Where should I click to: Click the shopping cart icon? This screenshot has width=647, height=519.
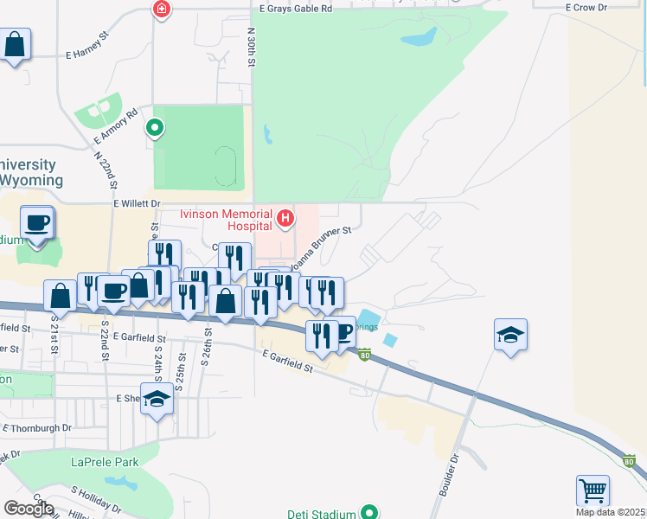[x=593, y=490]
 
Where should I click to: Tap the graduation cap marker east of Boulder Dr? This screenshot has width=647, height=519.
[x=511, y=335]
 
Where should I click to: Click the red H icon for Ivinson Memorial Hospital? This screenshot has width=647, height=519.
[x=286, y=219]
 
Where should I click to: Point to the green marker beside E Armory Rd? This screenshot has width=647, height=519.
[x=155, y=129]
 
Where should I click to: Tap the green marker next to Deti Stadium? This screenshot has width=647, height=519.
[x=369, y=513]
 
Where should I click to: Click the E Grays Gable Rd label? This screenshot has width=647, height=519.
[x=296, y=9]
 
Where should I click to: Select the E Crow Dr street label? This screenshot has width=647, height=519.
[x=586, y=7]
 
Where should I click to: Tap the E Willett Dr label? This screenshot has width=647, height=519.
[x=137, y=203]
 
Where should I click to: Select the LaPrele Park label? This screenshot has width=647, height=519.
[x=105, y=463]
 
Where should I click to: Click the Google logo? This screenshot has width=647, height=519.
[x=29, y=509]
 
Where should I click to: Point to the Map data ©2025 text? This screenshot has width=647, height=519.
[x=611, y=512]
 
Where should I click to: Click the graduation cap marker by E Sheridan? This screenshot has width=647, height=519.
[x=157, y=400]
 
